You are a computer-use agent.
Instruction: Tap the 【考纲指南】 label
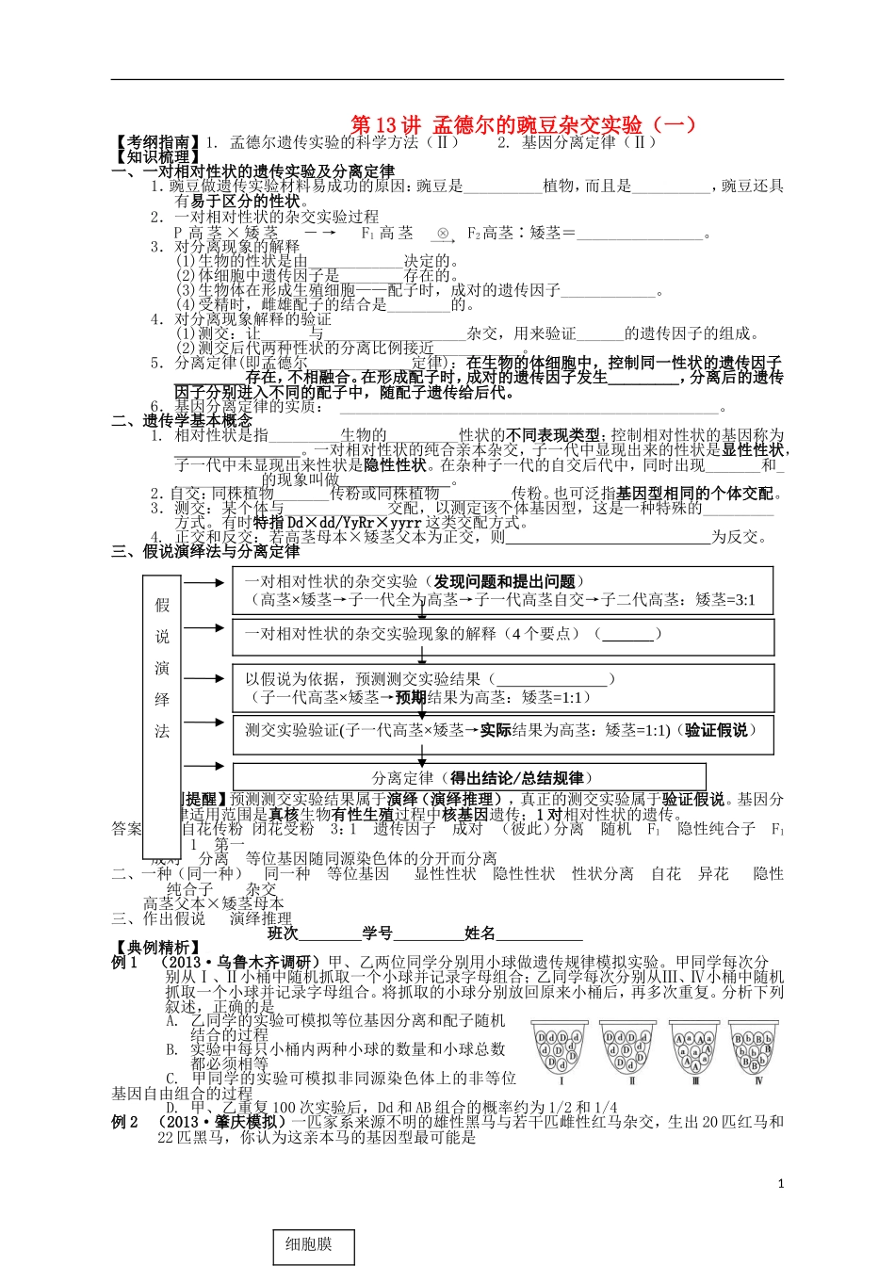156,142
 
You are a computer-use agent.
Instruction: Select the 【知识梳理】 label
156,156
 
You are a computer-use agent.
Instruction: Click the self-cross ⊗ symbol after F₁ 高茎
442,233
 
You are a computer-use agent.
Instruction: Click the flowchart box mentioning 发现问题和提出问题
503,591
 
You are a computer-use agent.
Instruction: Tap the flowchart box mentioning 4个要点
503,634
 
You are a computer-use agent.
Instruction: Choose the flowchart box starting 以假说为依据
503,688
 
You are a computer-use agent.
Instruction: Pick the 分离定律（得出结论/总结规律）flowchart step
482,778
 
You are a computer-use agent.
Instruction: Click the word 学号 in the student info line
378,933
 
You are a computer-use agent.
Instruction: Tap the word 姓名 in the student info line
480,933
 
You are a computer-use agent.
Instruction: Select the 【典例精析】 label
156,947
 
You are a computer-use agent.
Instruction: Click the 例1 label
125,962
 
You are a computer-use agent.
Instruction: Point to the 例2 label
125,1122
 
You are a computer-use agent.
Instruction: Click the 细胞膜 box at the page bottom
309,1244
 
